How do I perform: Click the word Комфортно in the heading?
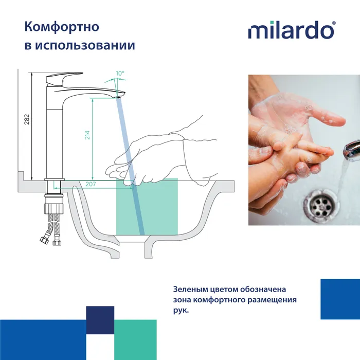[x=62, y=26]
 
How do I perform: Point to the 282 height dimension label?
[x=27, y=119]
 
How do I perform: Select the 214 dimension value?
[x=87, y=135]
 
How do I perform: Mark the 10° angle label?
[x=120, y=74]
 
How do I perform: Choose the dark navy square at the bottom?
[x=100, y=320]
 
